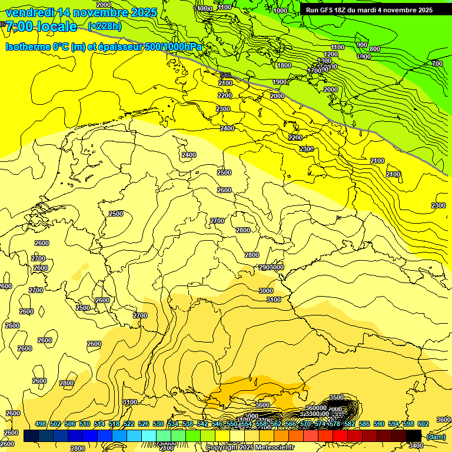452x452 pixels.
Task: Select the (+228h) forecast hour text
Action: click(105, 26)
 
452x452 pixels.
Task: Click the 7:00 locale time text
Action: click(41, 26)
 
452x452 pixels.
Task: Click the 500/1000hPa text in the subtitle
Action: click(174, 46)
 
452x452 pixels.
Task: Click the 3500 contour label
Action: click(336, 397)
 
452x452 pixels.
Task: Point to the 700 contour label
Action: click(437, 64)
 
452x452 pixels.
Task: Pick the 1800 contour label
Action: click(284, 66)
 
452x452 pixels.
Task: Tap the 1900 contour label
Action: click(280, 82)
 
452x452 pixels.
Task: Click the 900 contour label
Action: click(362, 45)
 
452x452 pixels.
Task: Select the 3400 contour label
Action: click(416, 446)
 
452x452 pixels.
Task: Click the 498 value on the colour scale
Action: click(41, 424)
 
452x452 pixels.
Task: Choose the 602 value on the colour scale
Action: click(423, 424)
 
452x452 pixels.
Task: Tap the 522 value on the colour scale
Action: click(129, 424)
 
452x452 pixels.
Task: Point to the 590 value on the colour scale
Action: click(379, 424)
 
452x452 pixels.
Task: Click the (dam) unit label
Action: click(436, 436)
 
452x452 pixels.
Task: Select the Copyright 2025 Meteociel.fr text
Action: click(250, 447)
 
